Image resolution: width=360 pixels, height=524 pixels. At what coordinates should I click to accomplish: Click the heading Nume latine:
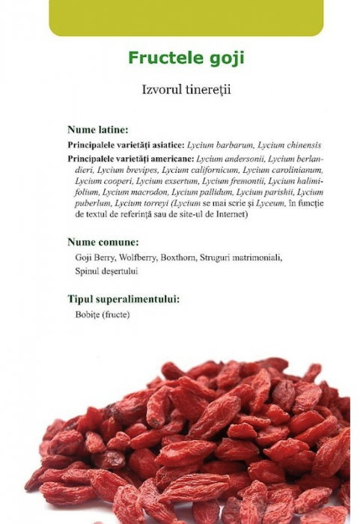pyautogui.click(x=97, y=129)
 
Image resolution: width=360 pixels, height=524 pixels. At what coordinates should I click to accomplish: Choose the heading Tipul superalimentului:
pyautogui.click(x=123, y=299)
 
